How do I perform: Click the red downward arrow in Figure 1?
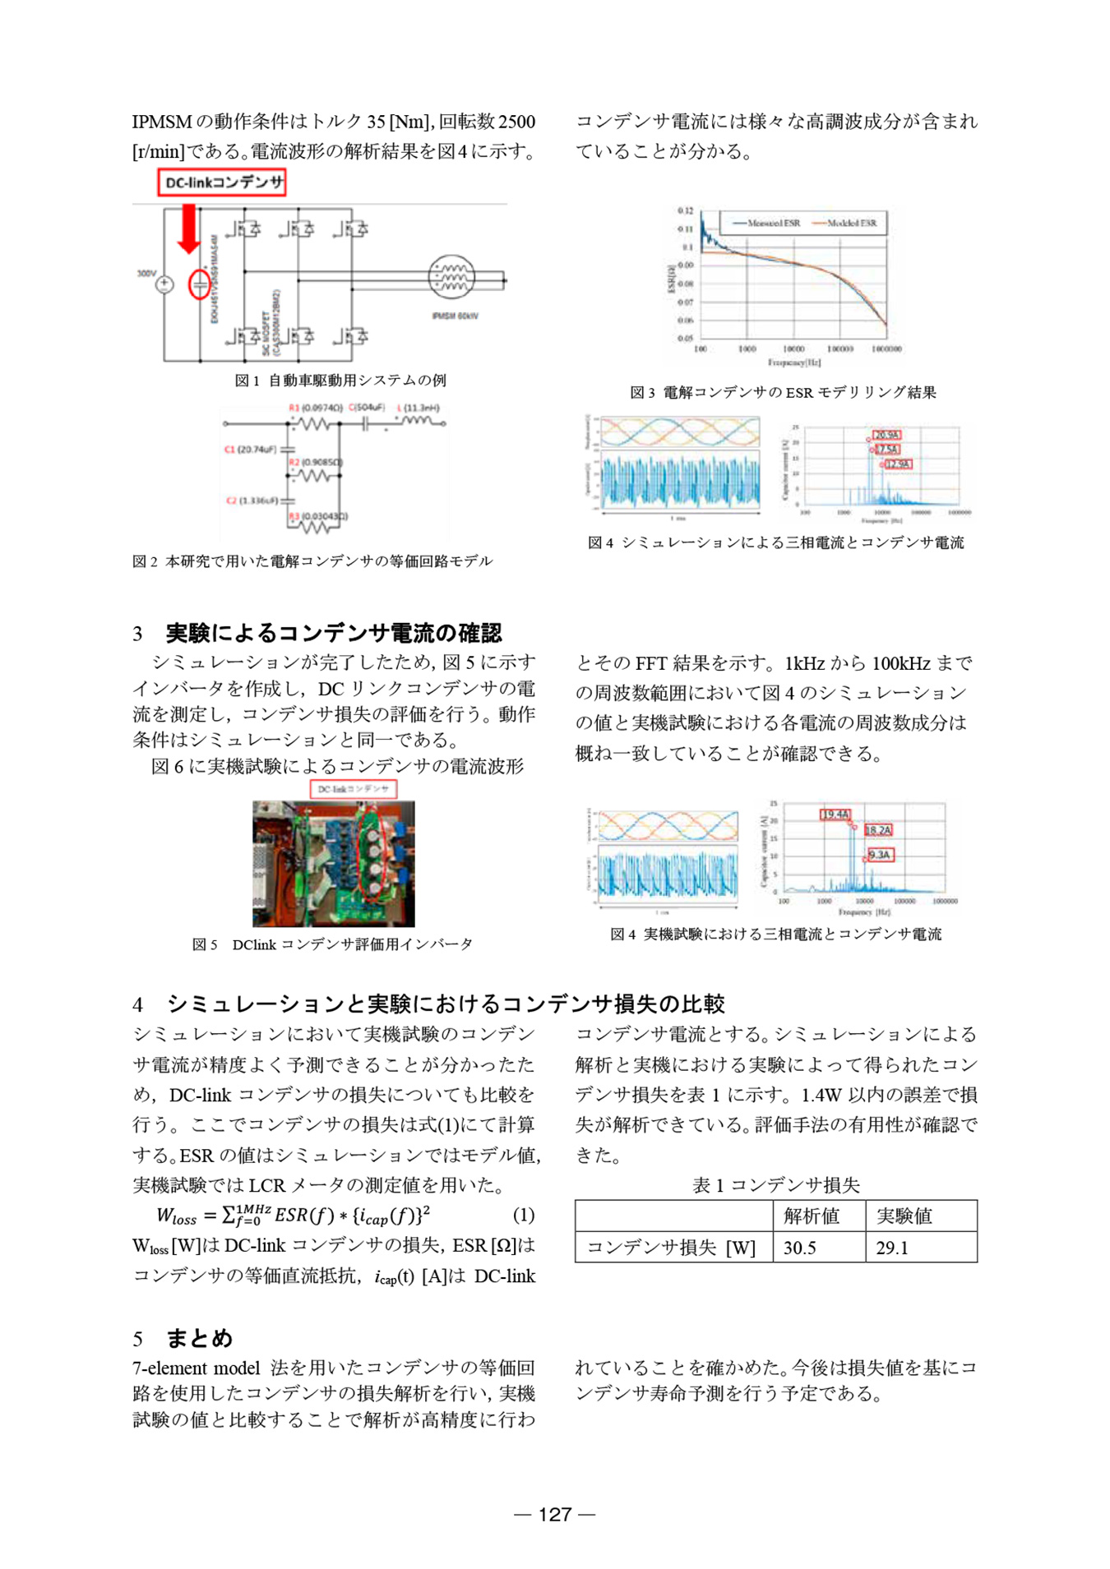pos(188,228)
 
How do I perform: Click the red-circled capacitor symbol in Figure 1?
pos(200,284)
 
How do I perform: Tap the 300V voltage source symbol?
pos(164,284)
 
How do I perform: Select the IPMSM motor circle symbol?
pos(451,277)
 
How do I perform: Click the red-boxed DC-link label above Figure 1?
pos(222,182)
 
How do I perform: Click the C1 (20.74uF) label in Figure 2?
pos(251,450)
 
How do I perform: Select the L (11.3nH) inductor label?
pos(419,408)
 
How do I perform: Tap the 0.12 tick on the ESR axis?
pos(685,211)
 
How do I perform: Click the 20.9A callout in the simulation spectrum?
pos(886,435)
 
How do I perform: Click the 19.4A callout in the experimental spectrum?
pos(835,814)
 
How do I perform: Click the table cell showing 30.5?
pos(800,1248)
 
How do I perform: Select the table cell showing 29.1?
pos(892,1248)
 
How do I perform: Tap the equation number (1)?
pos(524,1215)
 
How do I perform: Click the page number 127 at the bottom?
pos(555,1514)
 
